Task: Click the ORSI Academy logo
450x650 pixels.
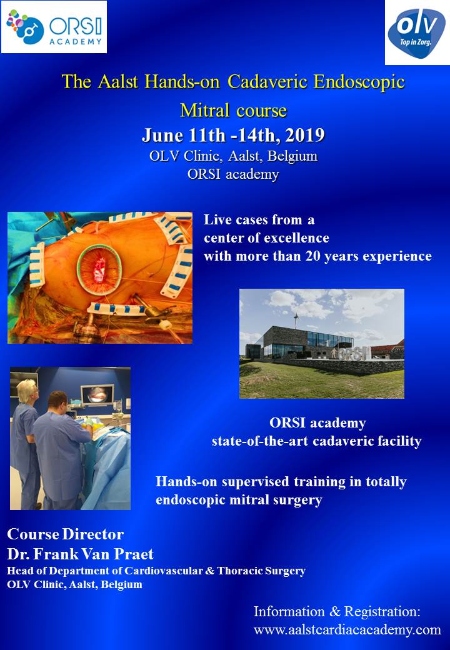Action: (54, 26)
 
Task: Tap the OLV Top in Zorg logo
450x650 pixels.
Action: (417, 32)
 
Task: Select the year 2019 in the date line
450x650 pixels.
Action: (304, 136)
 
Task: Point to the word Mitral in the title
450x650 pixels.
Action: (205, 110)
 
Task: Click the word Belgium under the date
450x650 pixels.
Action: (292, 156)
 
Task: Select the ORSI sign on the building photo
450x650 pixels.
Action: (352, 354)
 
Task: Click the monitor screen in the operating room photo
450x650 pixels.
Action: (97, 394)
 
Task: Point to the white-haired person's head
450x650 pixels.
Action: (29, 388)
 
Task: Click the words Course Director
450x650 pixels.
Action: (65, 534)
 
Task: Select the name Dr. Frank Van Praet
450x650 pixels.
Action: (80, 554)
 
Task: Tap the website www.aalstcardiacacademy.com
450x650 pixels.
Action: (347, 630)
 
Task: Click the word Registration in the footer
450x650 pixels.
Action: (382, 611)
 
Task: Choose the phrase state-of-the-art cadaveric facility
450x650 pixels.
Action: (317, 441)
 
